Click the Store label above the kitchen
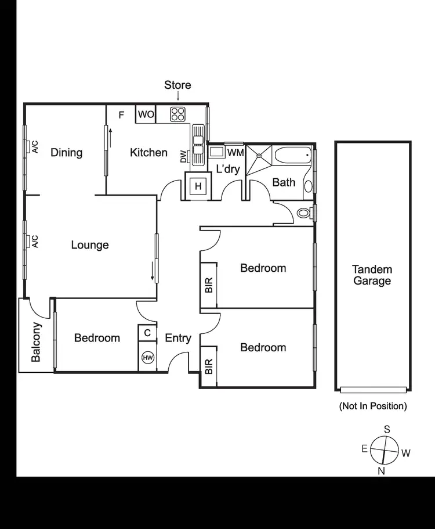(x=177, y=85)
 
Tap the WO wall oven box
(x=146, y=114)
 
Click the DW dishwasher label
(x=183, y=157)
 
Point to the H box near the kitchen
(x=198, y=186)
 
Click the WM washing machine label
(x=235, y=153)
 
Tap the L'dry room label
(x=228, y=170)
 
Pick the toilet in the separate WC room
(x=304, y=213)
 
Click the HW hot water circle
(x=148, y=358)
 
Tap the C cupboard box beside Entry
(x=147, y=333)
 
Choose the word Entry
(x=178, y=338)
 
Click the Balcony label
(x=36, y=342)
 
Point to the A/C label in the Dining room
(x=35, y=147)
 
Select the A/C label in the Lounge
(x=35, y=242)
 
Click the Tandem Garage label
(x=372, y=275)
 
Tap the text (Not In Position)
(x=372, y=406)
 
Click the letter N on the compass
(x=382, y=471)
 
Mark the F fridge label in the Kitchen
(x=121, y=114)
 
